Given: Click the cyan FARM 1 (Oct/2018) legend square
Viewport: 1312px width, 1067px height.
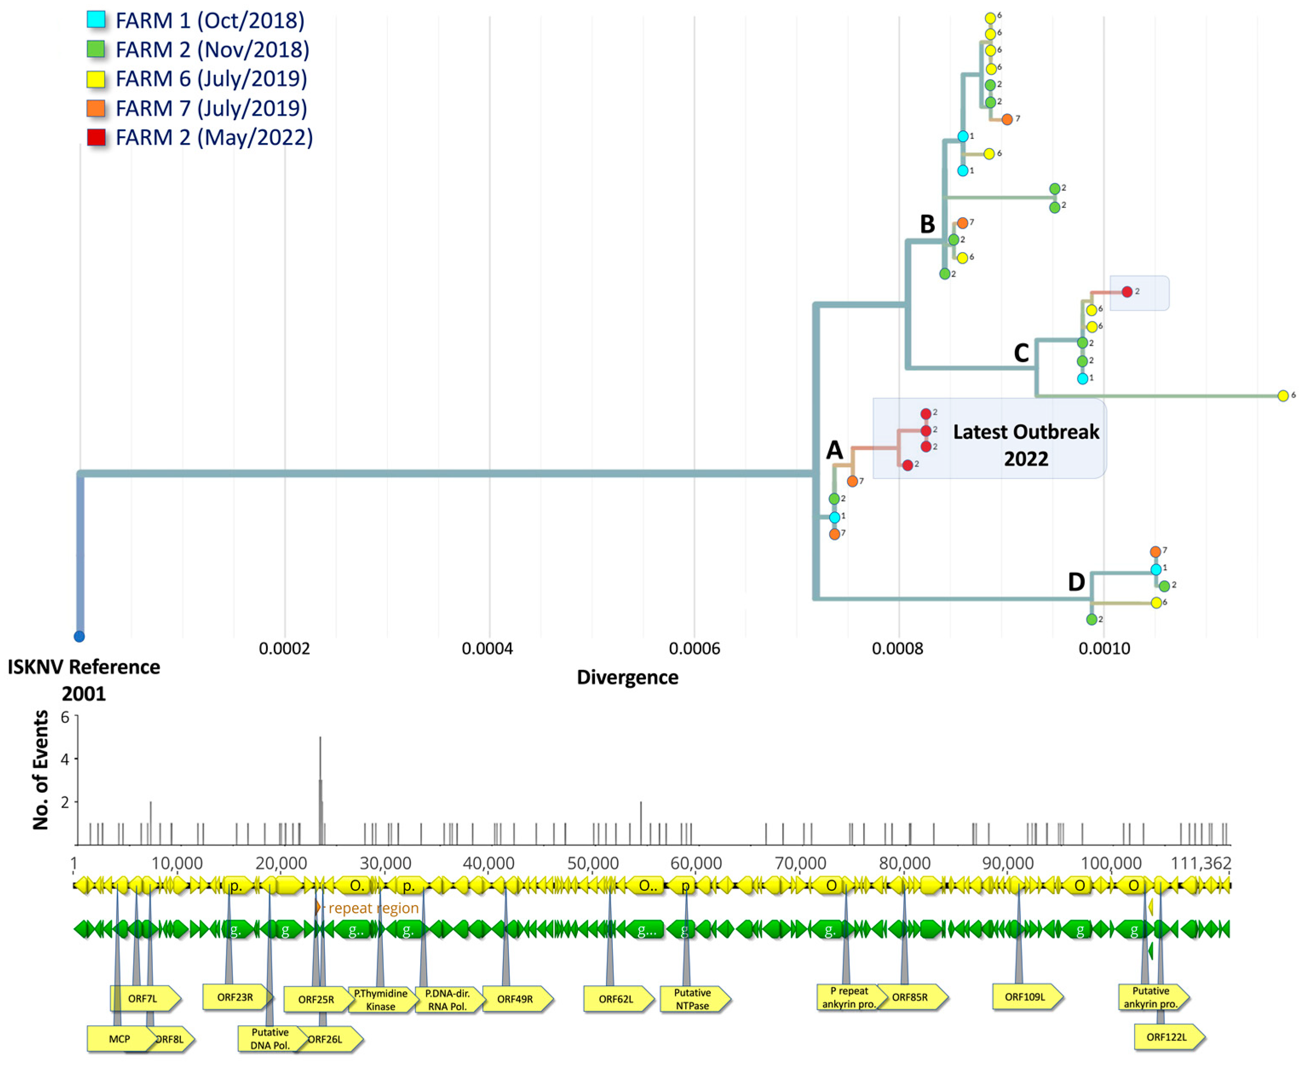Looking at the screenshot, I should pyautogui.click(x=96, y=20).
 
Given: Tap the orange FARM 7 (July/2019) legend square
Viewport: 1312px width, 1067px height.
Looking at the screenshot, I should pyautogui.click(x=96, y=108).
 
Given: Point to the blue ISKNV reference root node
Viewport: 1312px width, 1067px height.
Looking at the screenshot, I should pyautogui.click(x=79, y=636).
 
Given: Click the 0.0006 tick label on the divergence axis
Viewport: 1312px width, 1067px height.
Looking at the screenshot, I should pyautogui.click(x=694, y=648).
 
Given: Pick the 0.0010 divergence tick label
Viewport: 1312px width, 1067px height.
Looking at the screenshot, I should pyautogui.click(x=1104, y=648).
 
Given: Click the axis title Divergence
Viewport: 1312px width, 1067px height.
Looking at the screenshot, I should pyautogui.click(x=627, y=677).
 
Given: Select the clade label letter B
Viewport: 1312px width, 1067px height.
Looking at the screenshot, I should pyautogui.click(x=927, y=224).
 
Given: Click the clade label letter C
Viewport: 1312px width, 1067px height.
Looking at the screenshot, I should pyautogui.click(x=1021, y=353).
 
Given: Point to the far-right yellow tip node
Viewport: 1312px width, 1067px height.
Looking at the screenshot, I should pyautogui.click(x=1283, y=396).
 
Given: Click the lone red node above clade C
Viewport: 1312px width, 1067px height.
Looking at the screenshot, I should pyautogui.click(x=1126, y=292).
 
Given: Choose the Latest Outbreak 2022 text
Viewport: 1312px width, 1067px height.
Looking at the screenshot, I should pyautogui.click(x=1025, y=445).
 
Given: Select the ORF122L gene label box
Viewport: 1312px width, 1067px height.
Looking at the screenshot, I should pyautogui.click(x=1166, y=1037).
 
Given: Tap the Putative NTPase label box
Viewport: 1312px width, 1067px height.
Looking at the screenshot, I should pyautogui.click(x=692, y=999).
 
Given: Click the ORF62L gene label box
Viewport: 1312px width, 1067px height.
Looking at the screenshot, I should pyautogui.click(x=616, y=999).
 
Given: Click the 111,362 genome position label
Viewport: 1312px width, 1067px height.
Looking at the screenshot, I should pyautogui.click(x=1200, y=863).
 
